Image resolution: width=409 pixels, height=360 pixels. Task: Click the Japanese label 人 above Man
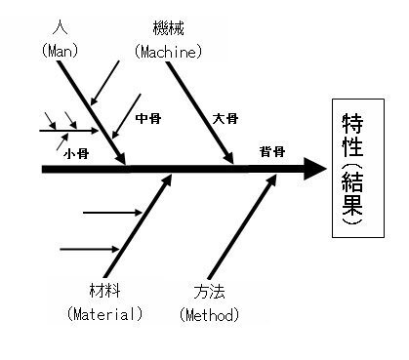pyautogui.click(x=61, y=27)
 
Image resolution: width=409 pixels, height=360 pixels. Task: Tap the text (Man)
pyautogui.click(x=61, y=51)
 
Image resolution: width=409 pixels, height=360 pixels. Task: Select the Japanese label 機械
pyautogui.click(x=169, y=27)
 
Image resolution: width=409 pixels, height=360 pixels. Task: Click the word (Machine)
pyautogui.click(x=169, y=52)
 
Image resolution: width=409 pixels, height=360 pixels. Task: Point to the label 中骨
pyautogui.click(x=148, y=118)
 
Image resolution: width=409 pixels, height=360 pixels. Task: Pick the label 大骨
pyautogui.click(x=225, y=118)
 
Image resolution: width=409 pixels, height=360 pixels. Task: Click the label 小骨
pyautogui.click(x=76, y=153)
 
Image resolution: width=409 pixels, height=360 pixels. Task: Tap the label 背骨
pyautogui.click(x=272, y=152)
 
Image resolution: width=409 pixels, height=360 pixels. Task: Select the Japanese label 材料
pyautogui.click(x=104, y=291)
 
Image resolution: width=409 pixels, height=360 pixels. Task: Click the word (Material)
pyautogui.click(x=104, y=314)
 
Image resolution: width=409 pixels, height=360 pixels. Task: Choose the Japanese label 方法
pyautogui.click(x=209, y=292)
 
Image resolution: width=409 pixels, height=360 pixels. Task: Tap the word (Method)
pyautogui.click(x=209, y=315)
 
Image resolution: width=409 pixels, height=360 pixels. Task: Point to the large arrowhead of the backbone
pyautogui.click(x=314, y=169)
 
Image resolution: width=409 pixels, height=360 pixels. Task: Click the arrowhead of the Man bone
pyautogui.click(x=121, y=159)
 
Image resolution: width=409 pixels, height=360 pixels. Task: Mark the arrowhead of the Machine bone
pyautogui.click(x=228, y=158)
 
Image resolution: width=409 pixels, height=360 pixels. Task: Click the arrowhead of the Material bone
pyautogui.click(x=167, y=180)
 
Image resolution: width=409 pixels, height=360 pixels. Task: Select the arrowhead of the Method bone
pyautogui.click(x=271, y=180)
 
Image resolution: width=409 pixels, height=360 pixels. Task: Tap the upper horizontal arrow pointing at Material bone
pyautogui.click(x=112, y=213)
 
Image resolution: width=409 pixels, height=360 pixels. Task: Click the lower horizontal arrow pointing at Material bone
pyautogui.click(x=90, y=249)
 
